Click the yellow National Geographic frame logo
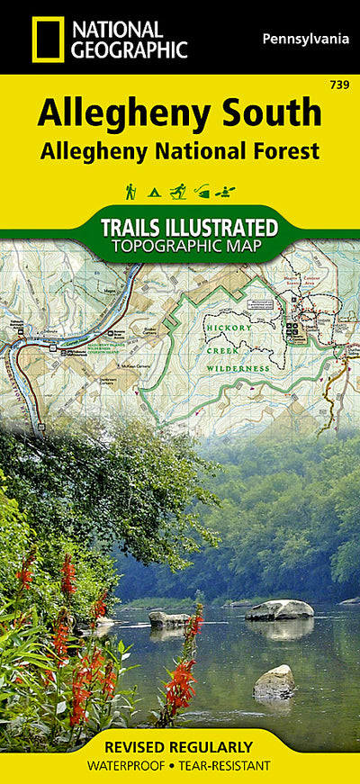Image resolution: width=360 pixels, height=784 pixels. (x=47, y=39)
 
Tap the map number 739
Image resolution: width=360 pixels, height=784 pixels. (x=340, y=85)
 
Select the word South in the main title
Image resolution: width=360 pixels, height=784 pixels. (x=274, y=113)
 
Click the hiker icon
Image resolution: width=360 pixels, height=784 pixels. (x=130, y=191)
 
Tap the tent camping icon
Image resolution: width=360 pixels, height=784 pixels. (x=154, y=192)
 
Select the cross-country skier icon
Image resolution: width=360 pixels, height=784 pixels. (x=179, y=191)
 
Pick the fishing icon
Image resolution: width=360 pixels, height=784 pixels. (x=203, y=191)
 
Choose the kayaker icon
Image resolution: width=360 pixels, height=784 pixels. (x=228, y=191)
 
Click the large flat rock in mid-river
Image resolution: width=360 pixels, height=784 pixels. (x=279, y=609)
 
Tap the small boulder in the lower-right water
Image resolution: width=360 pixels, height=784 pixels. (x=274, y=681)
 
